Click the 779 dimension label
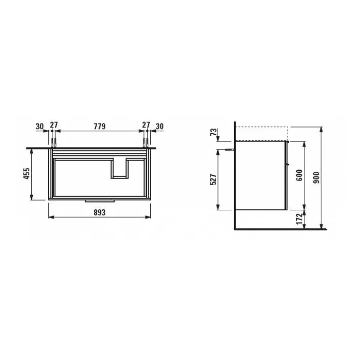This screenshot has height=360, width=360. [99, 127]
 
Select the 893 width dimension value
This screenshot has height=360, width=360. [99, 212]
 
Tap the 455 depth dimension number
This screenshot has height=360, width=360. [27, 173]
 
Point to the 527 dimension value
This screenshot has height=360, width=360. [213, 179]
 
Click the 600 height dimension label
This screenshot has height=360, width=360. [299, 175]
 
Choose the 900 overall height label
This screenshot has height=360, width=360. [316, 177]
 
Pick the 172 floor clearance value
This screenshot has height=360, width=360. [299, 219]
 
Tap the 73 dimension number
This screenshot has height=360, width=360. [213, 132]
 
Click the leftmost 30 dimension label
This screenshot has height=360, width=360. [40, 127]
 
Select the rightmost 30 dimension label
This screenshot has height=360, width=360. [159, 127]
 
